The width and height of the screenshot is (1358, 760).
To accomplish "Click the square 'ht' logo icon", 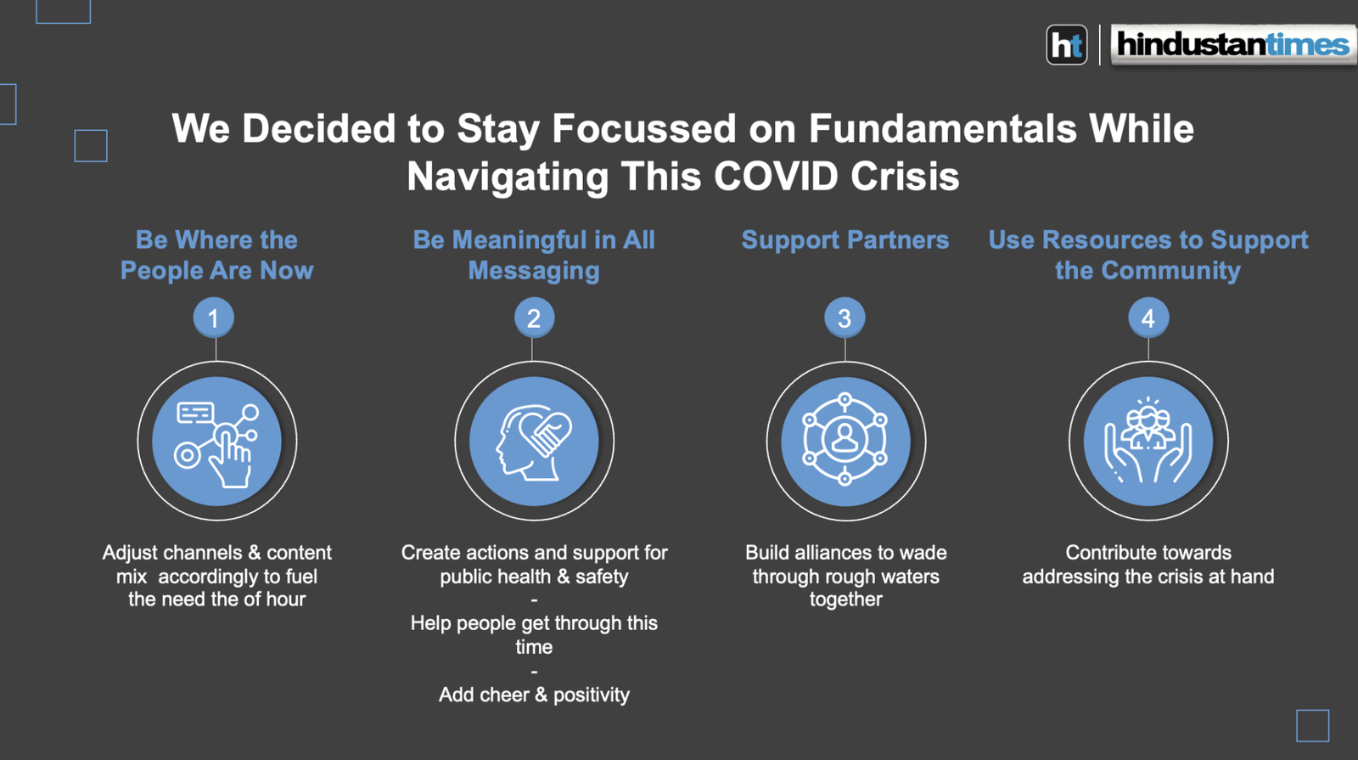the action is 1067,45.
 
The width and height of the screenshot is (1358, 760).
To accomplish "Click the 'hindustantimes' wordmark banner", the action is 1233,44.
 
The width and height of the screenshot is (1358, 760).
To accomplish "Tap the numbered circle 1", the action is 213,318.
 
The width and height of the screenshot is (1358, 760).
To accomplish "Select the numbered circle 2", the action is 534,318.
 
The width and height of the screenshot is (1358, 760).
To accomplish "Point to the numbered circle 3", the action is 845,318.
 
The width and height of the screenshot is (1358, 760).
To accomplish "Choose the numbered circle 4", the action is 1148,318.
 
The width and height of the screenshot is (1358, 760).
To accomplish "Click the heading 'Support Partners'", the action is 845,240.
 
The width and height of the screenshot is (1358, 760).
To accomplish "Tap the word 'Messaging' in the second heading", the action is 534,271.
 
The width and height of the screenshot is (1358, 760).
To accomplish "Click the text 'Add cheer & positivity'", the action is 534,695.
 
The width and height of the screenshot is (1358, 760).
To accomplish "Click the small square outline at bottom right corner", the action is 1312,725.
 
